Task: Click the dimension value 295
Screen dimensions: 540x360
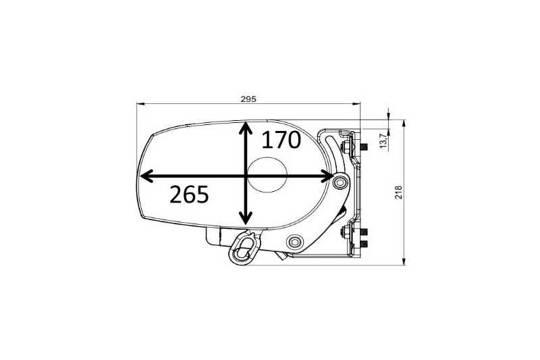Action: [x=248, y=99]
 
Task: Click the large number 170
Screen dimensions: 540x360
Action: [x=281, y=140]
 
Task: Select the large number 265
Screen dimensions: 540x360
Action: [x=189, y=194]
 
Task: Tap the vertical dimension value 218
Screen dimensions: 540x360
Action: [x=398, y=192]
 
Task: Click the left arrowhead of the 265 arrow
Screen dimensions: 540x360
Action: [x=146, y=176]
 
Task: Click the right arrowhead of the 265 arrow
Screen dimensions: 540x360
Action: [x=327, y=176]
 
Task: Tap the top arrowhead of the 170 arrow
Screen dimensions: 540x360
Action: [x=245, y=128]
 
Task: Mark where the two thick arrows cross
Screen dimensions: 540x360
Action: [x=245, y=176]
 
